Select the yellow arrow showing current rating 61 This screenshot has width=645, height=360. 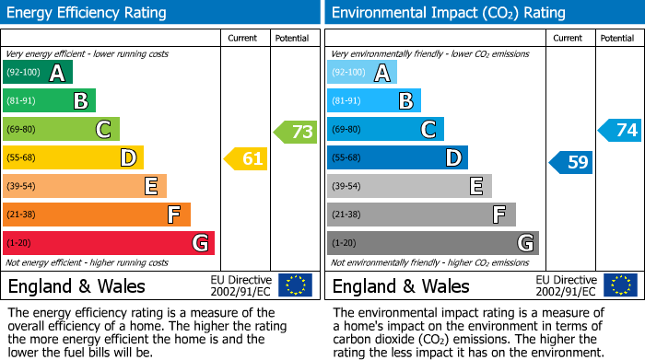coord(247,159)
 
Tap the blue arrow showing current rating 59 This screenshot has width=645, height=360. coord(572,163)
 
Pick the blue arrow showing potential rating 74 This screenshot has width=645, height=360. coord(621,131)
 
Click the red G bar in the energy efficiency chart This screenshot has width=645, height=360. coord(108,243)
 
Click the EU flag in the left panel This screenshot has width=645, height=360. coord(295,285)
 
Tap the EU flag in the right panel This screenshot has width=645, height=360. coord(620,285)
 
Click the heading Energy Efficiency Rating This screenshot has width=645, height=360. coord(88,13)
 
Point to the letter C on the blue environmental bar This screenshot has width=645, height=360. coord(428,130)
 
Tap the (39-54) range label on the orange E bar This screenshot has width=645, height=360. coord(22,187)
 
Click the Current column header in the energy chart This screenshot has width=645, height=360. coord(243,38)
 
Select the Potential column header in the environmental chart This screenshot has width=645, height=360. coord(616,38)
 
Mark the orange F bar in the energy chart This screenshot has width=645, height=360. coord(96,215)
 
